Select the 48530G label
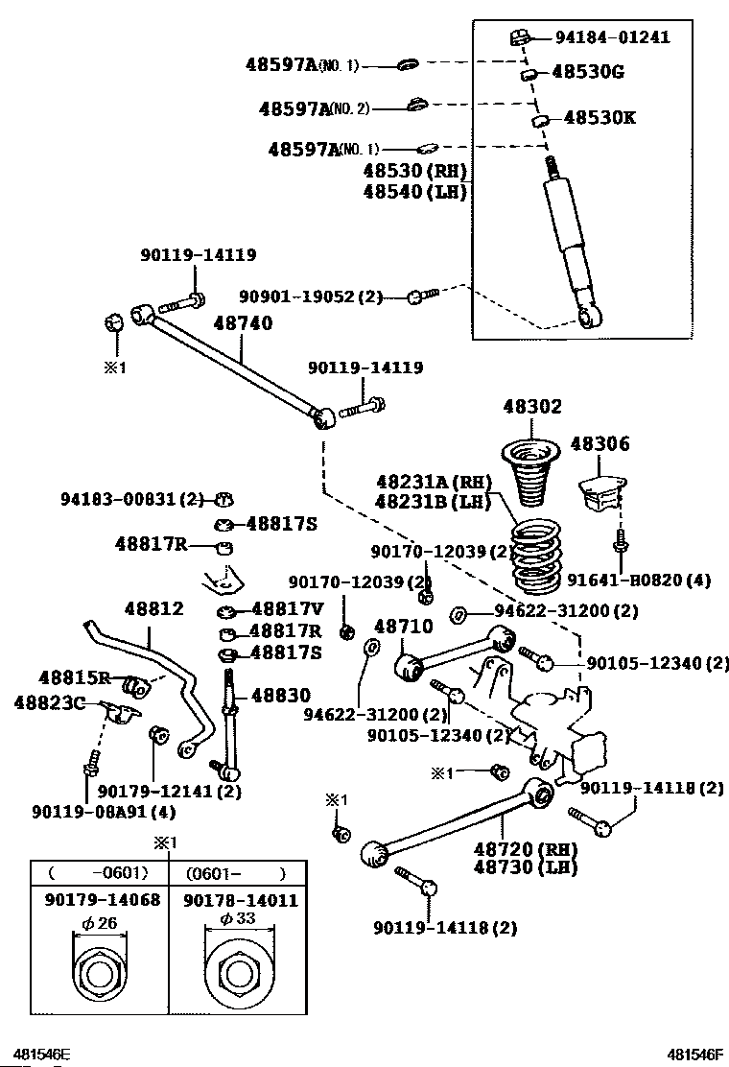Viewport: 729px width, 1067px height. click(x=587, y=72)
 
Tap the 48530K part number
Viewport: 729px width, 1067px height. click(x=600, y=118)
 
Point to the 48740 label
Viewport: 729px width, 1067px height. click(x=243, y=324)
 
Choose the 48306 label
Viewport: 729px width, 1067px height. click(x=600, y=443)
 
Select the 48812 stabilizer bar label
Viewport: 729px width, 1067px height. click(x=153, y=608)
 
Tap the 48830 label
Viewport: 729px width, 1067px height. click(x=280, y=695)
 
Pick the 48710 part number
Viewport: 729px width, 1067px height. click(x=404, y=627)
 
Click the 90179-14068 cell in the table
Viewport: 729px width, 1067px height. click(x=102, y=901)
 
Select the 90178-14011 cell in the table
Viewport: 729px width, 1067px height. click(x=240, y=901)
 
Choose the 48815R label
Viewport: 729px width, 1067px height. click(x=75, y=677)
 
